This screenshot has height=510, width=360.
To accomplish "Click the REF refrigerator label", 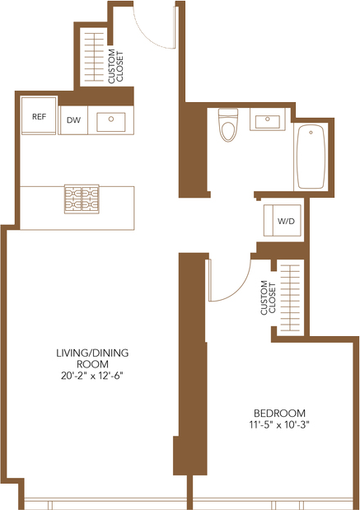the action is tap(39, 116).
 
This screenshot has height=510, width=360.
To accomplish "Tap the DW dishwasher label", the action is tap(73, 120).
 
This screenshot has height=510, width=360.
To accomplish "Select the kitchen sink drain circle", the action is tap(111, 119).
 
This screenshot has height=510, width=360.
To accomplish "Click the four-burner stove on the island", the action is tap(82, 199).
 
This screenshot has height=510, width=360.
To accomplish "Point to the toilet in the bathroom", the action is tap(228, 125).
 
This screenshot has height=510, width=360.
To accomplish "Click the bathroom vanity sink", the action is tap(267, 120).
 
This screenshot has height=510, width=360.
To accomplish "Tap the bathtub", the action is tap(311, 157).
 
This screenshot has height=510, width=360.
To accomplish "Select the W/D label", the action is tap(286, 221).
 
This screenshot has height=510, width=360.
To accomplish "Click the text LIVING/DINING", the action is tap(92, 353).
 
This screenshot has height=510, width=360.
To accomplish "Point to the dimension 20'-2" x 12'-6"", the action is tap(92, 376).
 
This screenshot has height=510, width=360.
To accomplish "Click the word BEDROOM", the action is tap(279, 413).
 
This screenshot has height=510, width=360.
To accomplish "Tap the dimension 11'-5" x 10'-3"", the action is tap(279, 424).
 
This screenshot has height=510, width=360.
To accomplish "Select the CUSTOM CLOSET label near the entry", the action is tap(116, 67).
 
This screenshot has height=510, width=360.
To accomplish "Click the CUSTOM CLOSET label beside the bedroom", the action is tap(268, 297).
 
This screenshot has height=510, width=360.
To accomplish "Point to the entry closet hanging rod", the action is tap(94, 57).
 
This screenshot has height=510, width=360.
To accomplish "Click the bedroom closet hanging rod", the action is tap(289, 298).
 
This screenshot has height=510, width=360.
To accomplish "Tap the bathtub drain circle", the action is tap(311, 133).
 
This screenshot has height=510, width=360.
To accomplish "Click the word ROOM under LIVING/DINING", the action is tap(92, 364).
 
